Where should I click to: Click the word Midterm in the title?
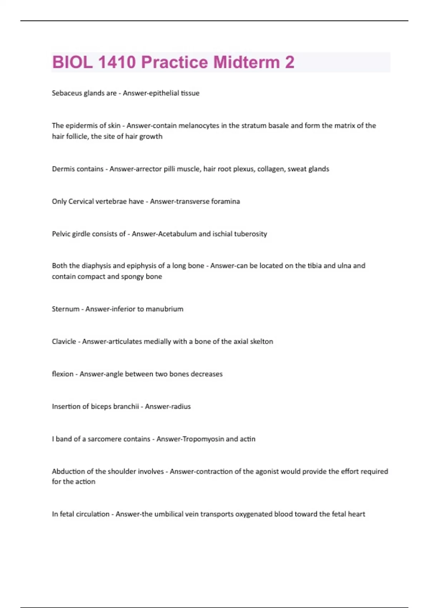coord(246,62)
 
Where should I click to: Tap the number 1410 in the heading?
coord(117,62)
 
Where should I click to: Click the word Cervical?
coord(84,201)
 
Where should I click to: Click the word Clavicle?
coord(64,342)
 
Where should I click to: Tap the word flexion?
coord(63,374)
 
